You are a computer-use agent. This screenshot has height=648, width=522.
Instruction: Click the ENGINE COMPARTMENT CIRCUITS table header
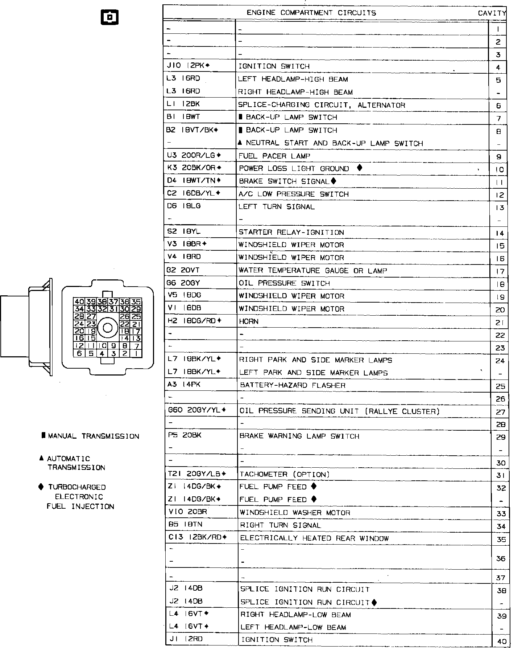[311, 13]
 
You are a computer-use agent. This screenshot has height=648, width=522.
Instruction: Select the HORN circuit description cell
[249, 321]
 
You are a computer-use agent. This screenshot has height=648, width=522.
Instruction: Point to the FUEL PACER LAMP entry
[274, 156]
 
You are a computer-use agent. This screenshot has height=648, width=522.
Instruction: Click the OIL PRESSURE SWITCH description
[284, 283]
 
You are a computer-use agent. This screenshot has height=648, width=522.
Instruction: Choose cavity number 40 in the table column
[502, 641]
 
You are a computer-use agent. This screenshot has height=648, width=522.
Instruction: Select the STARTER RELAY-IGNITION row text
[291, 232]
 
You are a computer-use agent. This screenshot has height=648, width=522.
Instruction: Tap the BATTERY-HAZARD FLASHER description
[293, 385]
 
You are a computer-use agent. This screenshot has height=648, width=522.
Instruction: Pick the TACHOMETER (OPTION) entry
[285, 475]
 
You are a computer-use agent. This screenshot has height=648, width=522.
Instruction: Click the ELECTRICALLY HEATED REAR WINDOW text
[314, 538]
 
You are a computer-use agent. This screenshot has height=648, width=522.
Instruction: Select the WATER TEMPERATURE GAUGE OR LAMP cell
[312, 271]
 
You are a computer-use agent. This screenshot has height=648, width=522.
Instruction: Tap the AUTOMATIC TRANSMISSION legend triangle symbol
[42, 458]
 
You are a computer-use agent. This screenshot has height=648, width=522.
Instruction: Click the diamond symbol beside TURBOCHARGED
[41, 487]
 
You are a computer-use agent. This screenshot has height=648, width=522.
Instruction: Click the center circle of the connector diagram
[108, 328]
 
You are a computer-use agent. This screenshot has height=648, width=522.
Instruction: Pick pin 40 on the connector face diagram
[79, 302]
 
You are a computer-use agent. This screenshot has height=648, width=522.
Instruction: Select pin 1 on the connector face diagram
[136, 353]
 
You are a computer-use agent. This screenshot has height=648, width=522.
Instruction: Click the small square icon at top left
[109, 17]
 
